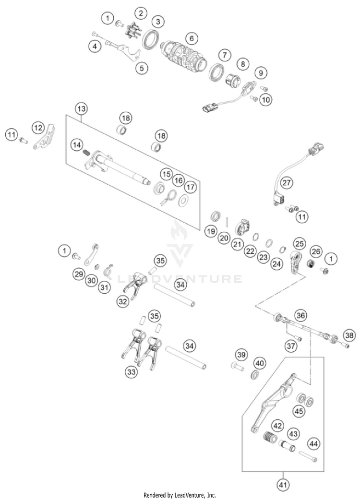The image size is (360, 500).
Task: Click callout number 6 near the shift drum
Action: [x=192, y=37]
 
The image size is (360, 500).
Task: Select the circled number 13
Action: [x=82, y=108]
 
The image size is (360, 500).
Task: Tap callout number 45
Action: [x=299, y=411]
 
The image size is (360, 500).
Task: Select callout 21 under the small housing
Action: [x=237, y=244]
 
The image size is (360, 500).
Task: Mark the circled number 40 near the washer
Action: [x=259, y=362]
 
